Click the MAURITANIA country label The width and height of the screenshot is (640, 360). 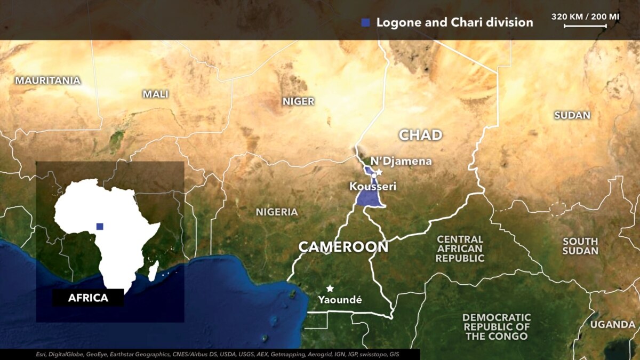(48, 81)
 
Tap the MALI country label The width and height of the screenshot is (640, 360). (155, 94)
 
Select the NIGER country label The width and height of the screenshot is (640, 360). (298, 101)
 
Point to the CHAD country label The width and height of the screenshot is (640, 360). (421, 135)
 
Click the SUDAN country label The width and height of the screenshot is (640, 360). (572, 115)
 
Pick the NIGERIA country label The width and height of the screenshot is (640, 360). (277, 212)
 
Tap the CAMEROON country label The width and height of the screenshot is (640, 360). (343, 247)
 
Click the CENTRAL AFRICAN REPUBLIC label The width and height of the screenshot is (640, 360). (460, 249)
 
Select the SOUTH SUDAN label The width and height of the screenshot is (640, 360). (580, 246)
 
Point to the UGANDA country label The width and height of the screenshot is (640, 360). (612, 324)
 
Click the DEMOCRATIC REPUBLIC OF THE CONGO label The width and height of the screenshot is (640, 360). (497, 326)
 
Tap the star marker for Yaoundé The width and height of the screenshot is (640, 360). (330, 289)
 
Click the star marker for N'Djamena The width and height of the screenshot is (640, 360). (379, 172)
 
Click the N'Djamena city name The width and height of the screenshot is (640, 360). (401, 161)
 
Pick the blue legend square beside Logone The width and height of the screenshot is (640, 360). (365, 22)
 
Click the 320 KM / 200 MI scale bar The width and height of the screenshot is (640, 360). (585, 25)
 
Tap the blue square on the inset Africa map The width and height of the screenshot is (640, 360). (100, 226)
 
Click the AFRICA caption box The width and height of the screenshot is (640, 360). (88, 298)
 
